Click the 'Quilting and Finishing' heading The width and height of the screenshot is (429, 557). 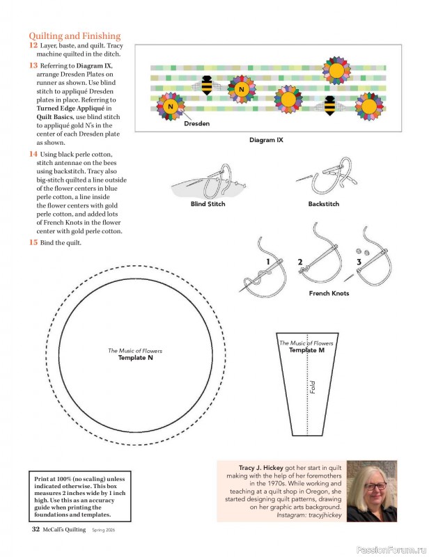[x=75, y=36]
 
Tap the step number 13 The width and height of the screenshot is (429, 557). [x=33, y=65]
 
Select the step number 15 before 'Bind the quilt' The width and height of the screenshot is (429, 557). [x=33, y=242]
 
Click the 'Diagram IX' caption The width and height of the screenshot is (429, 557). [x=266, y=140]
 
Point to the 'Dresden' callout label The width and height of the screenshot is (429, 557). [x=196, y=123]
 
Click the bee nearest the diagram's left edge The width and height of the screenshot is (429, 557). [x=207, y=84]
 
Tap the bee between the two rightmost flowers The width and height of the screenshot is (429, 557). [x=329, y=104]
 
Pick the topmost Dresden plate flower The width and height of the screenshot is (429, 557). [x=337, y=70]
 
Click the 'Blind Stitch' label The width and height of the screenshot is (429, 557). [x=208, y=204]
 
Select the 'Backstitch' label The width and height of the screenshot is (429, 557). [x=324, y=204]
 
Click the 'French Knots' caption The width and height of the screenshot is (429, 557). [x=329, y=293]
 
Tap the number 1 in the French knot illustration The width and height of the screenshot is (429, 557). [x=267, y=262]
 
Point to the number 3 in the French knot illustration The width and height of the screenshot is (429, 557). [x=359, y=262]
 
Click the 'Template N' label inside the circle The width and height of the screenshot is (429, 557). [x=135, y=358]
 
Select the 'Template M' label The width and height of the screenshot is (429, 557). [x=306, y=350]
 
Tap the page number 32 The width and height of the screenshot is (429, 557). [x=35, y=529]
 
